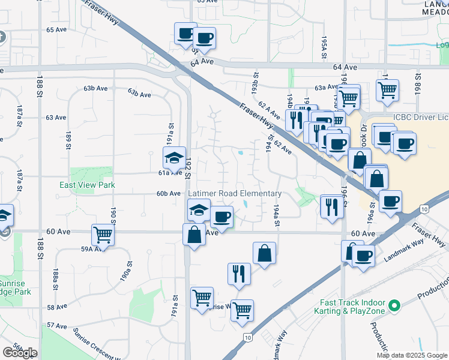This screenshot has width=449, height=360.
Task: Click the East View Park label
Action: point(86,185)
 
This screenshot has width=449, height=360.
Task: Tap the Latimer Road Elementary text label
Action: point(235,193)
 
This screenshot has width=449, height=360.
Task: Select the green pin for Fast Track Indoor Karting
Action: point(394,307)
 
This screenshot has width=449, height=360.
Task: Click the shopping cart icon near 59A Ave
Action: point(103,235)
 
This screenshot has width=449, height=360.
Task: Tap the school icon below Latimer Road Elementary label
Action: point(198,210)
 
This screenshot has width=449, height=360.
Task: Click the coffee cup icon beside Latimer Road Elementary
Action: point(221,217)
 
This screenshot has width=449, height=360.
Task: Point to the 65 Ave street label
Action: point(56,29)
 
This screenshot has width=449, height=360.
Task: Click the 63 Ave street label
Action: point(56,118)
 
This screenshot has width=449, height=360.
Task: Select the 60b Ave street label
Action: point(169,194)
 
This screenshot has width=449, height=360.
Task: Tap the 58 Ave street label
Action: point(56,307)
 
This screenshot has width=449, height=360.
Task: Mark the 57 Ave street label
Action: point(56,325)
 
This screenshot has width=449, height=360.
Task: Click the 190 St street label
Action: point(113,215)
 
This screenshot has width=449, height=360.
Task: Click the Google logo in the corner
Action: point(20,352)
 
